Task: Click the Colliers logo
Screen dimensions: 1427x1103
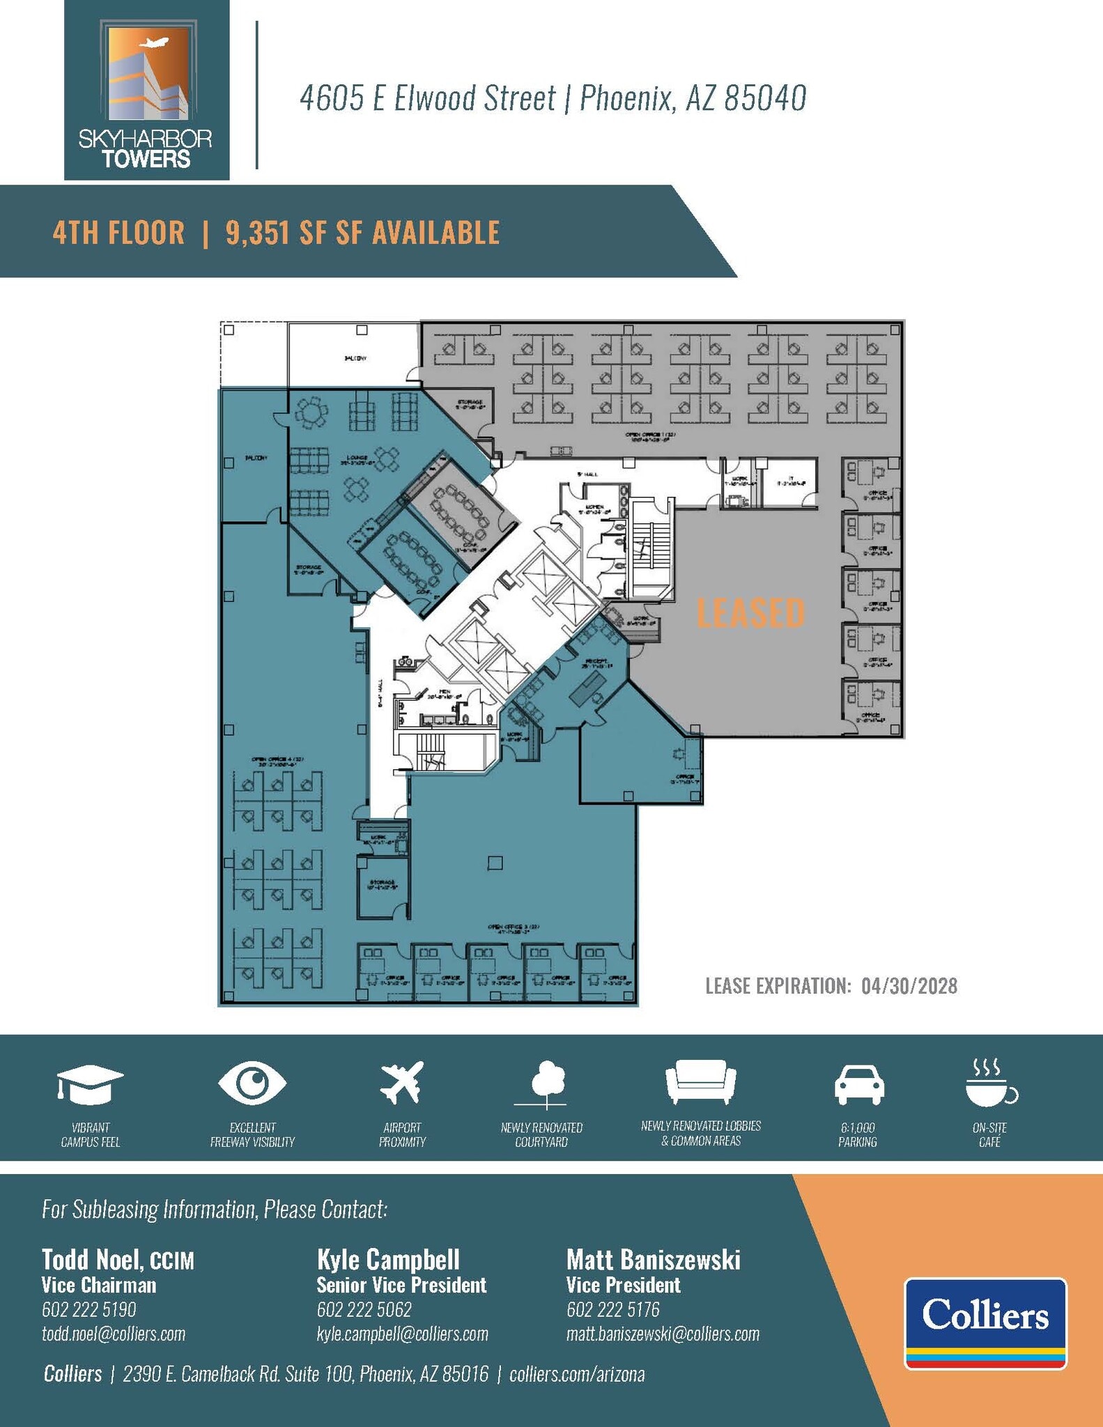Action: (x=985, y=1322)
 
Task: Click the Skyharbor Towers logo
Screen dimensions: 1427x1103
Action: (x=146, y=91)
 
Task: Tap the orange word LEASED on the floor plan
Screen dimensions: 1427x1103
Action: (x=750, y=612)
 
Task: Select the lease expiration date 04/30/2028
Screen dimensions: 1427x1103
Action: (x=909, y=986)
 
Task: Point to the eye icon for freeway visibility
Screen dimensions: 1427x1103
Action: (x=252, y=1082)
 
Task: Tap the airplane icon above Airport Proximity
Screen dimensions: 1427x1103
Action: (x=402, y=1082)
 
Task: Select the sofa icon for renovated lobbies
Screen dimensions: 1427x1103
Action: (x=700, y=1082)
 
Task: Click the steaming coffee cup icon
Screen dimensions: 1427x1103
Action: (x=989, y=1082)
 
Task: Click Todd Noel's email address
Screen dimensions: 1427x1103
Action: (x=114, y=1334)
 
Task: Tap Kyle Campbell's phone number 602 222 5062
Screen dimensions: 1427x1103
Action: (x=364, y=1309)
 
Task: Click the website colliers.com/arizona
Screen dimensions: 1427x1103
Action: (x=577, y=1374)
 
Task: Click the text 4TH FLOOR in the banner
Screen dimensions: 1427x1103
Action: (x=119, y=233)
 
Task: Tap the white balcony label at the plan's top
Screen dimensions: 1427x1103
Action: (x=355, y=358)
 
